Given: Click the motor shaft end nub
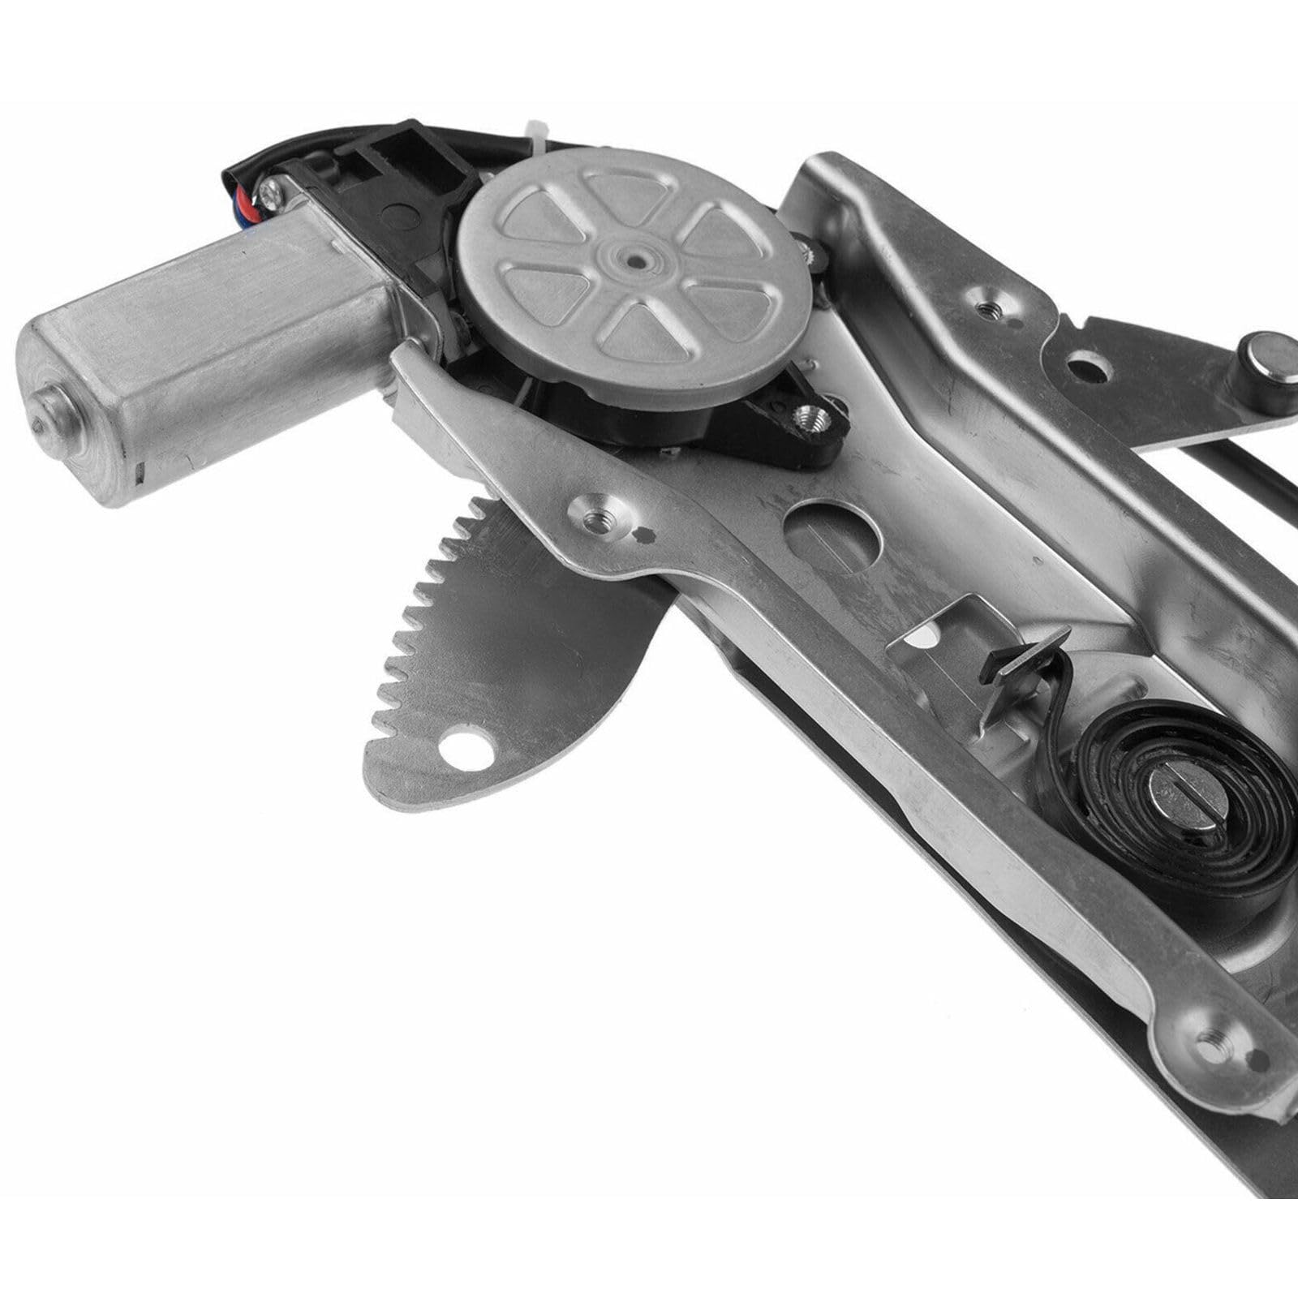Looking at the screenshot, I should (x=50, y=413).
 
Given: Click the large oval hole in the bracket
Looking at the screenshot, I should (x=834, y=530).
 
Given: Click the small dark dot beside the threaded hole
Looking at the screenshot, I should (x=647, y=534).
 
